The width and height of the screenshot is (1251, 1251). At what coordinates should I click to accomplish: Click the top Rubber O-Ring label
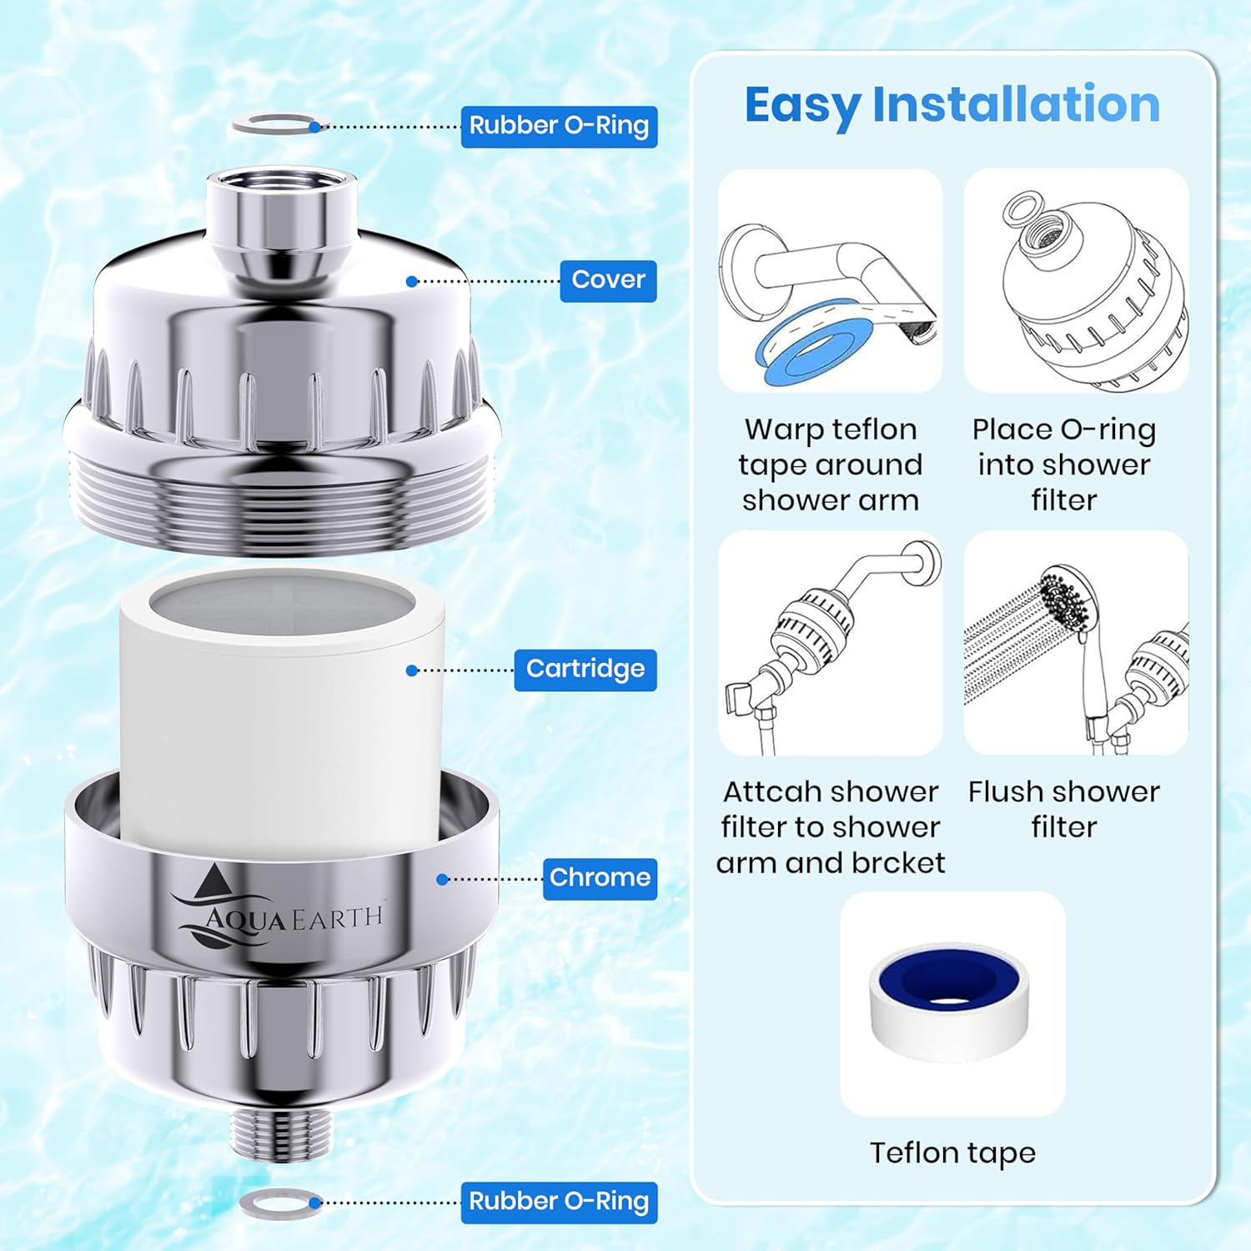559,126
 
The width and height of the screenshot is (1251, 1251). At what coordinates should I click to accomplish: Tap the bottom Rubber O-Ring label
559,1202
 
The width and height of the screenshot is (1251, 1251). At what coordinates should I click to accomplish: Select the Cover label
608,280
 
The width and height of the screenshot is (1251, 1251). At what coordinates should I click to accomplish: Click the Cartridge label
585,670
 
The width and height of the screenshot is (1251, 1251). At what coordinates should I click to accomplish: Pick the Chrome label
600,878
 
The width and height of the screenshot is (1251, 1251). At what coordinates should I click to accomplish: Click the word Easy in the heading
801,106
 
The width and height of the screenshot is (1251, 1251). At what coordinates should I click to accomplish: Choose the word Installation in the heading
1016,105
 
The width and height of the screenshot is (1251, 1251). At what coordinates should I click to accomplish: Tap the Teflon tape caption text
952,1153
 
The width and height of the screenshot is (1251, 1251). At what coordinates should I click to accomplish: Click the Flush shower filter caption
1063,809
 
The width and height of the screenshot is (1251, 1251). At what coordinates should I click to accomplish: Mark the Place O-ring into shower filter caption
1063,465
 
